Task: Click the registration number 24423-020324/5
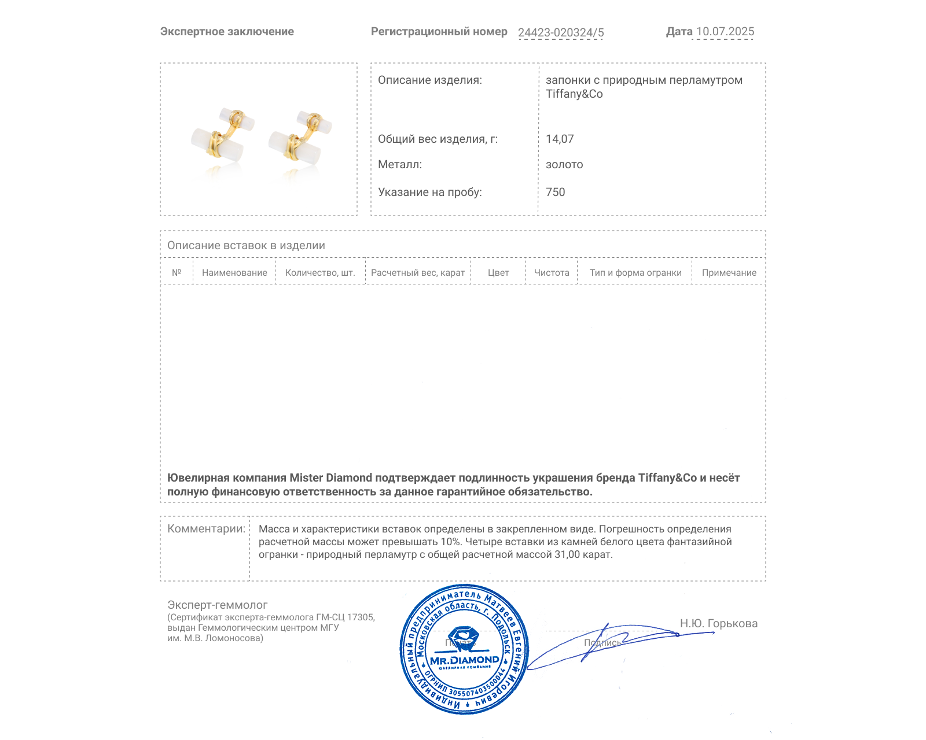click(560, 32)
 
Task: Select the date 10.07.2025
click(725, 32)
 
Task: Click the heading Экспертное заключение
click(227, 32)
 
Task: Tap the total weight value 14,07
click(560, 139)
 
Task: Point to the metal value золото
click(564, 165)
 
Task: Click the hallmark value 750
click(555, 192)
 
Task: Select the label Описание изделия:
click(429, 80)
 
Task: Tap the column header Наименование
click(234, 273)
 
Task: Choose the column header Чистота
click(552, 273)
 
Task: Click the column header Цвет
click(498, 273)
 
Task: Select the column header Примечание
click(729, 273)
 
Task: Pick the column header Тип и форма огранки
click(635, 273)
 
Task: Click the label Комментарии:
click(206, 529)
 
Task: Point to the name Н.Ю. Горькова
click(718, 623)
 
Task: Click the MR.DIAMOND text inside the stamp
click(464, 660)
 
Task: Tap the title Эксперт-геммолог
click(217, 605)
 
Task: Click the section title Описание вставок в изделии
click(246, 246)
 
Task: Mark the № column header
click(177, 273)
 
